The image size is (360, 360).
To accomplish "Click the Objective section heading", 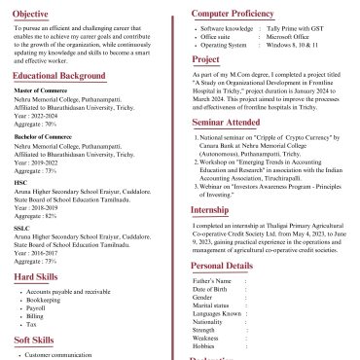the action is tap(31, 14).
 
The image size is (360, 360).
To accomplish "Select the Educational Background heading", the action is tap(59, 76).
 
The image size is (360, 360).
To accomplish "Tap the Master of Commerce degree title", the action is tap(41, 90).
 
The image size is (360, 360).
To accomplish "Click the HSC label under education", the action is tap(20, 182).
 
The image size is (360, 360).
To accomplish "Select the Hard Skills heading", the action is tap(36, 277).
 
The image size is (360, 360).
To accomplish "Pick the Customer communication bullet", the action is tap(57, 356).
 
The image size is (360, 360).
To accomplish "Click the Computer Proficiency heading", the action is tap(232, 14).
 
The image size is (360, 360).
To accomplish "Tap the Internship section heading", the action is tap(209, 209).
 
